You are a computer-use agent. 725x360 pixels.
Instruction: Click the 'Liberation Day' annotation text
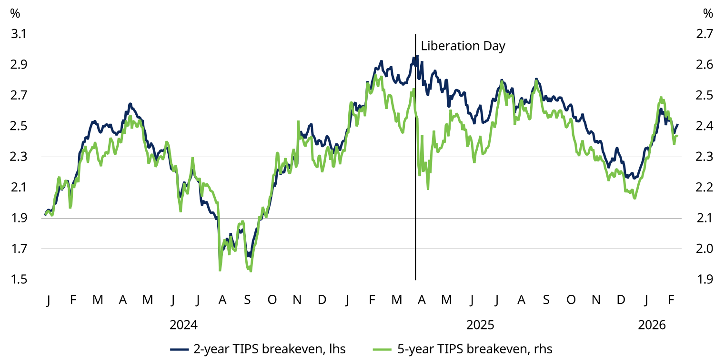[x=463, y=46]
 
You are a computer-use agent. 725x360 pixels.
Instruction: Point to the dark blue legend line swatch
[x=180, y=350]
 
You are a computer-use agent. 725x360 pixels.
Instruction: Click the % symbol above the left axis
[x=15, y=13]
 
